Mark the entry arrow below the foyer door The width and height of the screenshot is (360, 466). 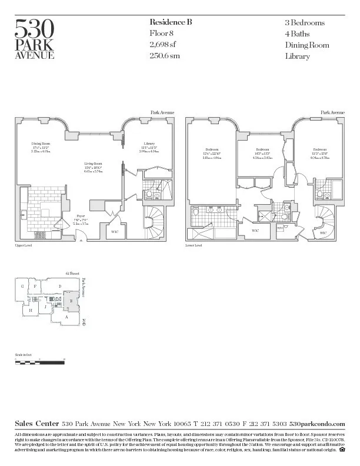pos(81,240)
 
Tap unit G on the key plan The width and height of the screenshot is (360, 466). pos(22,287)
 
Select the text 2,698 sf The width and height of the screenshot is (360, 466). pos(163,45)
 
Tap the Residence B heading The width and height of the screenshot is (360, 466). pos(171,22)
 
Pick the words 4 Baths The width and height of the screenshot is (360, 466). pos(298,34)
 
